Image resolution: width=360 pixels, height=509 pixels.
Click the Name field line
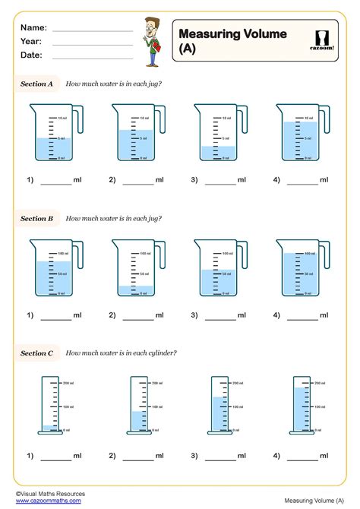pyautogui.click(x=92, y=30)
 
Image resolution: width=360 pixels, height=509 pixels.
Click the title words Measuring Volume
pyautogui.click(x=232, y=33)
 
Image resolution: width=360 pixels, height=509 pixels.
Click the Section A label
pyautogui.click(x=36, y=84)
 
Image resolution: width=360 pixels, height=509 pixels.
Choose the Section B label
pyautogui.click(x=36, y=219)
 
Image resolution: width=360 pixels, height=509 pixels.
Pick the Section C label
pyautogui.click(x=36, y=353)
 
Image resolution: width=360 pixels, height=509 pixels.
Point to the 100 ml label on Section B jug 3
pyautogui.click(x=227, y=253)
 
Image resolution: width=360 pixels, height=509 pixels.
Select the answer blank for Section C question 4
pyautogui.click(x=302, y=459)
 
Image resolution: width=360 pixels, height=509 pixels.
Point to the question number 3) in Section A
pyautogui.click(x=194, y=180)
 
